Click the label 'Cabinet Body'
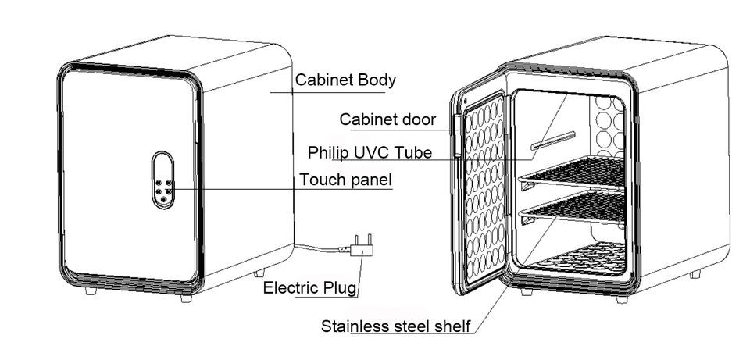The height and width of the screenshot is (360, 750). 345,80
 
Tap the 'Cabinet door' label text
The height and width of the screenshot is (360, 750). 387,119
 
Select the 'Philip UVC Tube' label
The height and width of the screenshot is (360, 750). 370,152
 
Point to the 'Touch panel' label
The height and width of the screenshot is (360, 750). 345,180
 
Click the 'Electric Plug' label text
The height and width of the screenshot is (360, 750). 309,288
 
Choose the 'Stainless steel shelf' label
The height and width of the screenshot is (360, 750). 396,326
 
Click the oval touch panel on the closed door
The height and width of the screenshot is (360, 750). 162,180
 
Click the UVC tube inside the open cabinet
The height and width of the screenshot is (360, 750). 553,141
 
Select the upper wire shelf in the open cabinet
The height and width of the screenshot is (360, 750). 572,173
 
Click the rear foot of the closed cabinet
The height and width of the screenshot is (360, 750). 259,273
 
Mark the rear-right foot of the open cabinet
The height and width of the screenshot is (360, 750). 695,274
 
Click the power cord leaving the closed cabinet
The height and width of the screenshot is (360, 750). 321,248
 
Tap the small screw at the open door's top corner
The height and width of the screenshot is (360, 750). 465,101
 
